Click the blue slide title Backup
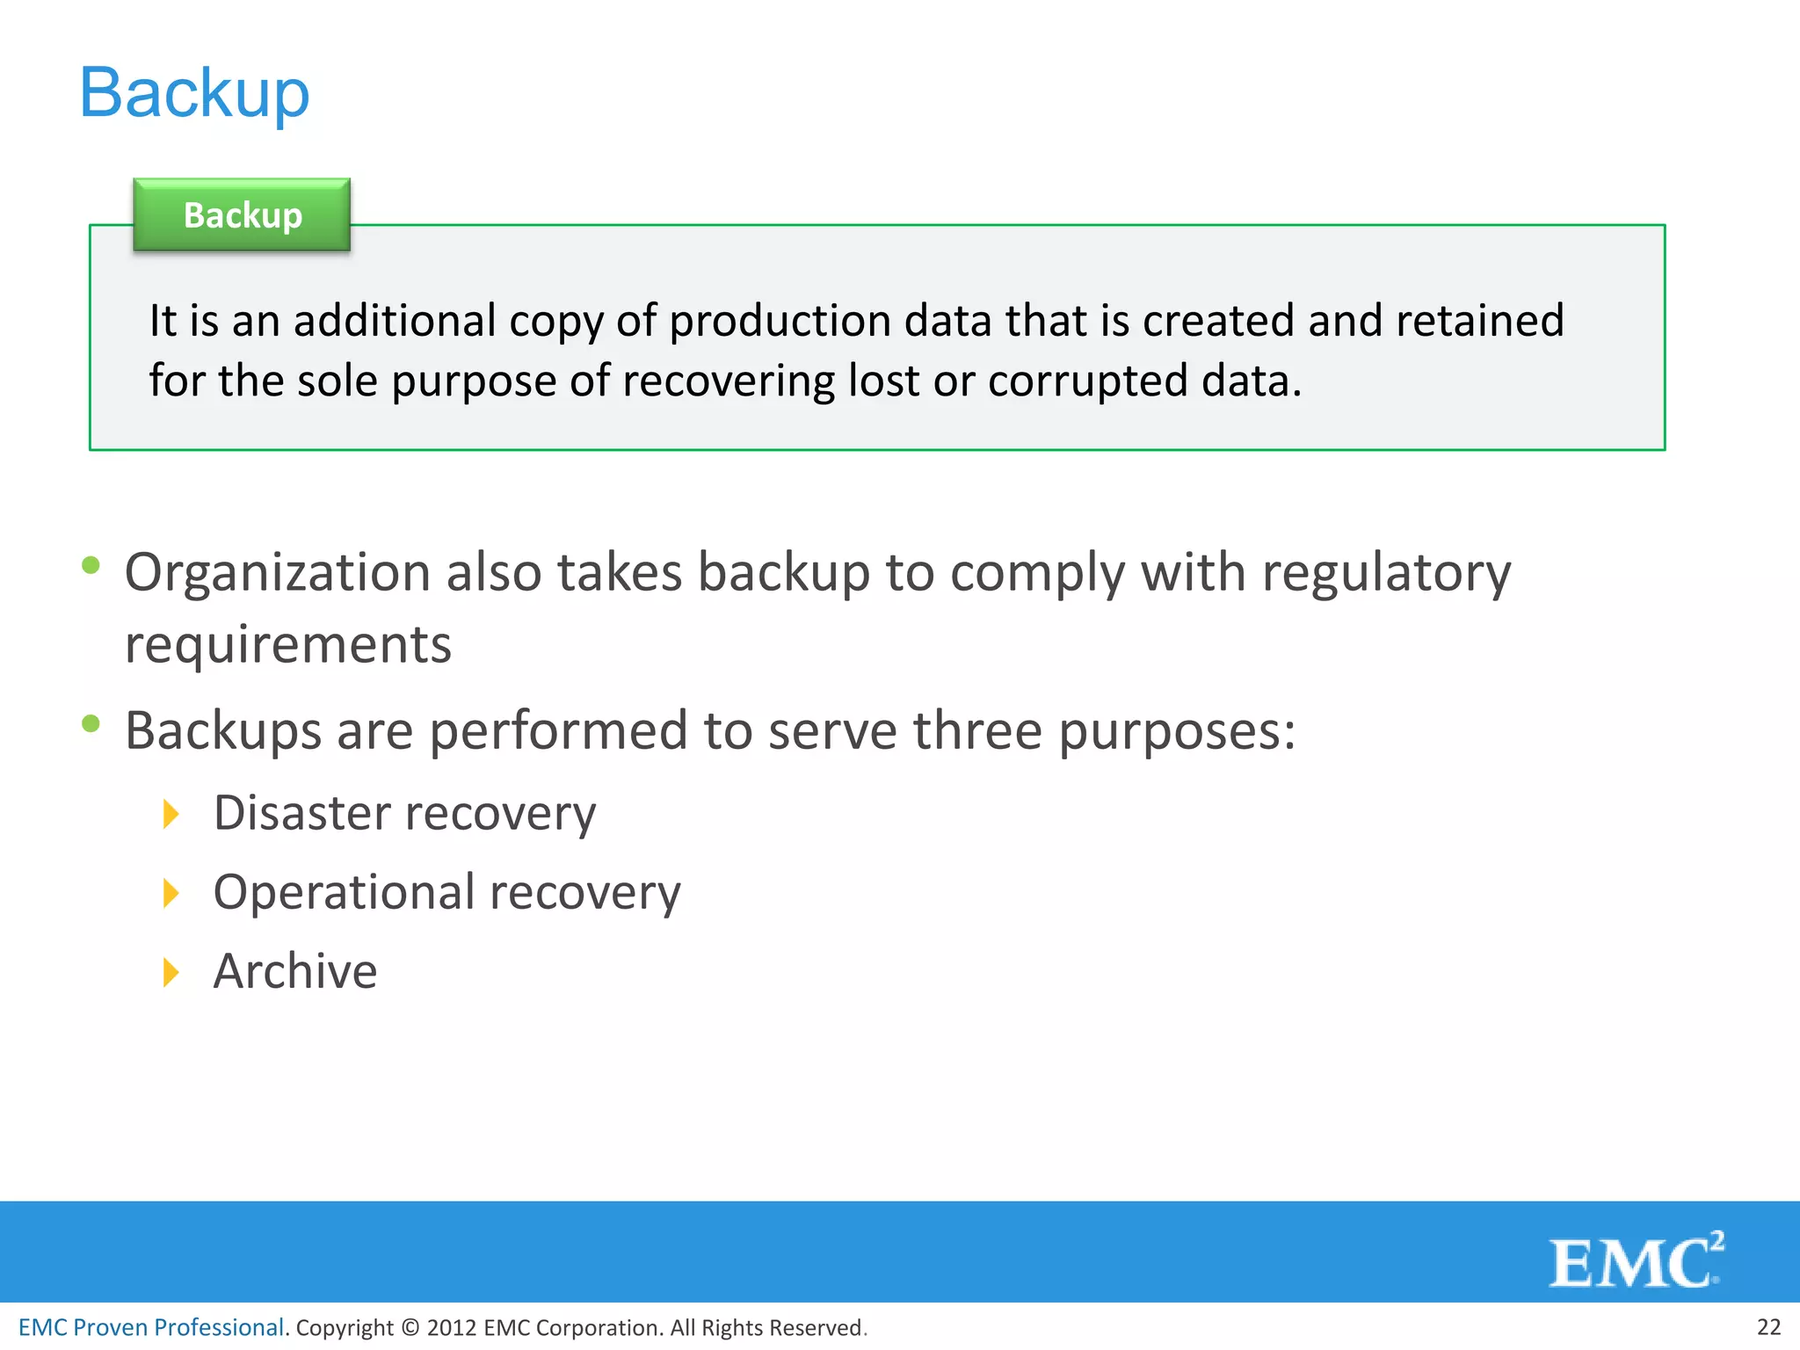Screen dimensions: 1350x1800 (x=194, y=92)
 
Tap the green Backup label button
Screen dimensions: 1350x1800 (x=242, y=215)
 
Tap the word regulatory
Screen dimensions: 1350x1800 (x=1386, y=573)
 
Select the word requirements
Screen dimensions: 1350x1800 (x=288, y=645)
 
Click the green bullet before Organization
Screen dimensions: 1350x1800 (x=91, y=565)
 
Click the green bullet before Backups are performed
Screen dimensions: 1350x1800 (x=91, y=723)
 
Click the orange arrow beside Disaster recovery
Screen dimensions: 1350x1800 (x=171, y=814)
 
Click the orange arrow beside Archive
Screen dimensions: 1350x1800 (x=171, y=972)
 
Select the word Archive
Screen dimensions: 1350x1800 (x=295, y=972)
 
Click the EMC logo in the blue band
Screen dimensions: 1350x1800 (x=1636, y=1261)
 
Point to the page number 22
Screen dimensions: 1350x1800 (x=1768, y=1326)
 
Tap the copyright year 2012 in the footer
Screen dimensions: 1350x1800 (x=451, y=1328)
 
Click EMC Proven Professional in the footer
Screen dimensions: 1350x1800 (x=151, y=1327)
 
